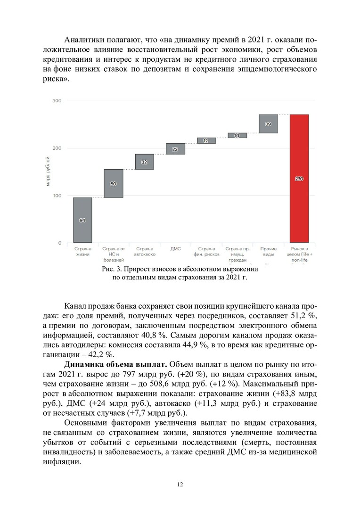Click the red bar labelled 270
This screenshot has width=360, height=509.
(x=299, y=178)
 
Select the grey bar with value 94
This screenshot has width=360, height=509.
(x=82, y=220)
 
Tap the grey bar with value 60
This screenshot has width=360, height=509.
(x=114, y=183)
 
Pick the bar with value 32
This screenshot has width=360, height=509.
(x=144, y=162)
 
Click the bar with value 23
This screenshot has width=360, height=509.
(x=175, y=149)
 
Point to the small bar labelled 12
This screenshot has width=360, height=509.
(x=206, y=140)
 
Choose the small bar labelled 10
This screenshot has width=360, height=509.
(x=237, y=135)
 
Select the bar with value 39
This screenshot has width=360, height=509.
(x=268, y=124)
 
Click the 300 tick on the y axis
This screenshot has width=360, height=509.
(x=57, y=101)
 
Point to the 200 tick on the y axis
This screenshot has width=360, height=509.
(x=57, y=148)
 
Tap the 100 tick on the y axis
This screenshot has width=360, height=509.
(x=57, y=196)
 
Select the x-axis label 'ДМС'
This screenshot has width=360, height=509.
(x=175, y=248)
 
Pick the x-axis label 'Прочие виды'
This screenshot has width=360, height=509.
(x=268, y=251)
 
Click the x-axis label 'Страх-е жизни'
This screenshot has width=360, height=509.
(x=82, y=251)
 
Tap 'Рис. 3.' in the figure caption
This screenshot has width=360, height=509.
(x=112, y=269)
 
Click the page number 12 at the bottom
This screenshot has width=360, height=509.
(x=180, y=484)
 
